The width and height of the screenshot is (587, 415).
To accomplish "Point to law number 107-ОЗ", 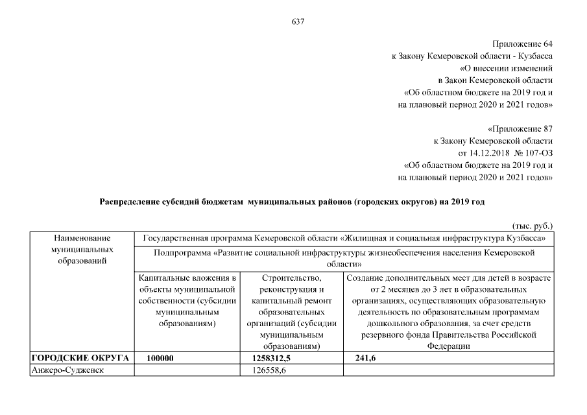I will (x=533, y=152).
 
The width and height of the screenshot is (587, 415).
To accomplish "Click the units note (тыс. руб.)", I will (x=532, y=226).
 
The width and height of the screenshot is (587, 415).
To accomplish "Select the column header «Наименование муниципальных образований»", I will (x=82, y=250).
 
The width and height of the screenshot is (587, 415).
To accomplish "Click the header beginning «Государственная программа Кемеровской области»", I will (x=344, y=238).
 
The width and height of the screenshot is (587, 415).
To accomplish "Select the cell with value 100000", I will (x=160, y=358).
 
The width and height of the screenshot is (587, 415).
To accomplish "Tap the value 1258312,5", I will (x=271, y=358).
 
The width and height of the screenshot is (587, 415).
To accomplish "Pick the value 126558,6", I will (x=269, y=370).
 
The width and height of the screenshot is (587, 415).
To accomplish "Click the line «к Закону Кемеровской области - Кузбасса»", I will (x=472, y=56).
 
